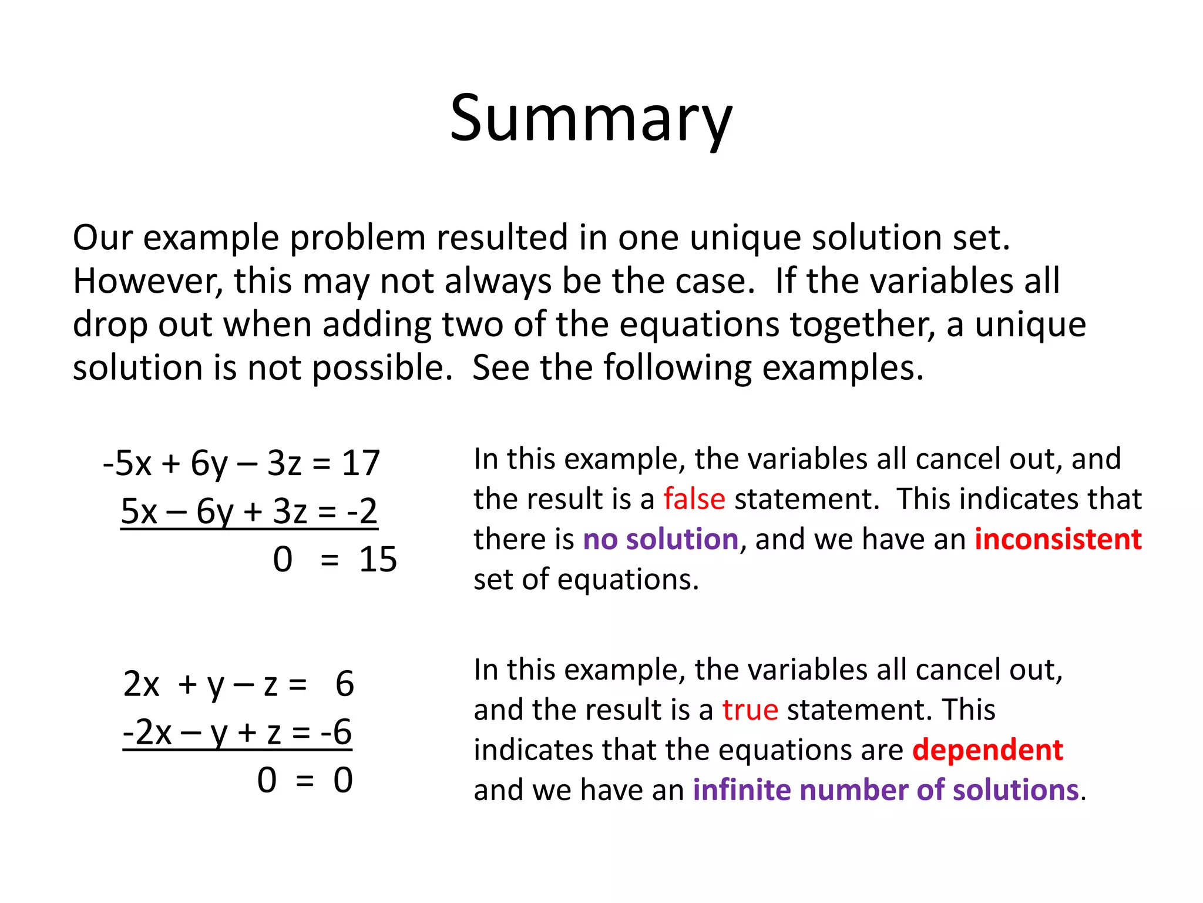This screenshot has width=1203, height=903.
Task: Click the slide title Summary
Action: coord(591,119)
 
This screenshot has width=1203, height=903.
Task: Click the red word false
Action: coord(694,499)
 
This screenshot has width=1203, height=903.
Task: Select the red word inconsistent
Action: coord(1058,539)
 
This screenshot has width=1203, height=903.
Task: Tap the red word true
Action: coord(750,710)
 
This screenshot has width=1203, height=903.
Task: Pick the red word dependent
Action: coord(987,750)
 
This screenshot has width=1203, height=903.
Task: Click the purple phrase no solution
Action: coord(660,539)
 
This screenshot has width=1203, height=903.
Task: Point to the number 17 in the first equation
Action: coord(361,463)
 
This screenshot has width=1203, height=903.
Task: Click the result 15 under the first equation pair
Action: coord(378,559)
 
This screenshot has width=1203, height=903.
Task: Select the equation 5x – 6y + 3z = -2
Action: coord(249,511)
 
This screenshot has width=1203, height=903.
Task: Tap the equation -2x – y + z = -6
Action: coord(237,733)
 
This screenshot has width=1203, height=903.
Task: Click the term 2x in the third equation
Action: coord(141,684)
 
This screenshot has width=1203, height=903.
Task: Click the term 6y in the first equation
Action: coord(209,463)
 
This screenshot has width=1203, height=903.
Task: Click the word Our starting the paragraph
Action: coord(102,238)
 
